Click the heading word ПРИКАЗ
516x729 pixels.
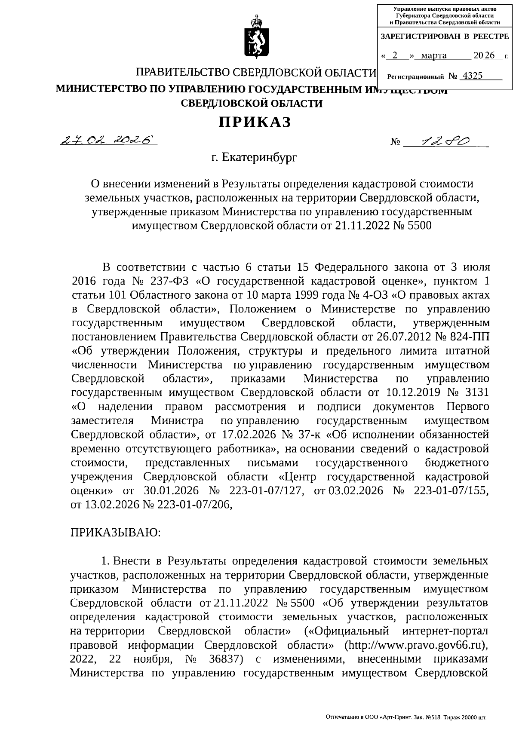(255, 123)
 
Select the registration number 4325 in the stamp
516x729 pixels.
(471, 76)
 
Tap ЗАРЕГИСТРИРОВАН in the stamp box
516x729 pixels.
(421, 37)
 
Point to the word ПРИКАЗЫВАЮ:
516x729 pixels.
(116, 533)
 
